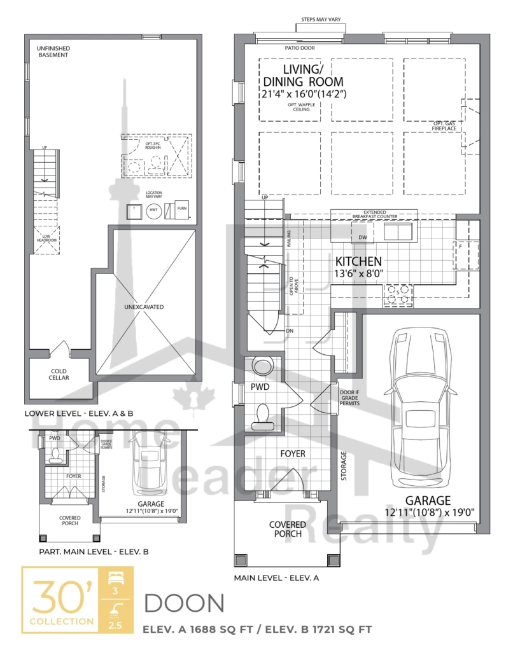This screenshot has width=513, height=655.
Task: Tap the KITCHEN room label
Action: click(358, 261)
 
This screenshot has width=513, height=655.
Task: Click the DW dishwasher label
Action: click(363, 237)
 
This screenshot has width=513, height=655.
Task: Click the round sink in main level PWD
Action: click(262, 366)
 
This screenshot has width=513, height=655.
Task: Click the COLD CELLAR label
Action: click(60, 374)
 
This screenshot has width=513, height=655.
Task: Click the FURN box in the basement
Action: click(182, 209)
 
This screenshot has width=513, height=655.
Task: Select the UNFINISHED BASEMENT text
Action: click(53, 52)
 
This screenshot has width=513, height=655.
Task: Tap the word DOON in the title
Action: click(185, 603)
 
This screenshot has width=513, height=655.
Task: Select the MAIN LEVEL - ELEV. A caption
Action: click(276, 577)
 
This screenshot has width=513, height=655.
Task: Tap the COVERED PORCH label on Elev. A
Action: click(288, 529)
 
